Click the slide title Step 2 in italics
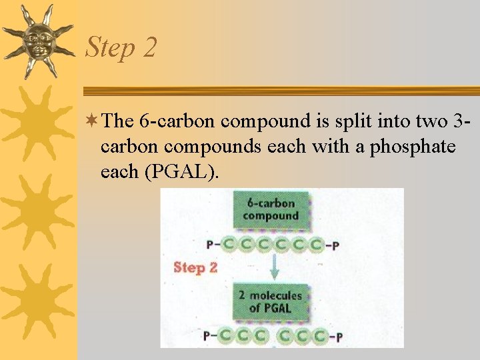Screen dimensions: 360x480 click(x=121, y=48)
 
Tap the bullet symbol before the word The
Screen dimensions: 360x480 click(x=95, y=121)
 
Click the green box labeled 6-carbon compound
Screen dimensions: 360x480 click(x=271, y=209)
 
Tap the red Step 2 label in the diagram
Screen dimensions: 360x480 click(x=195, y=267)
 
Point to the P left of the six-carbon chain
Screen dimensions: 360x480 click(x=211, y=245)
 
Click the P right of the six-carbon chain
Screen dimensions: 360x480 click(x=335, y=245)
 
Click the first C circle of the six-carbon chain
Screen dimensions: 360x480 click(x=229, y=244)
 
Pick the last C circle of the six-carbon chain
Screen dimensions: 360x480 click(x=317, y=244)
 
